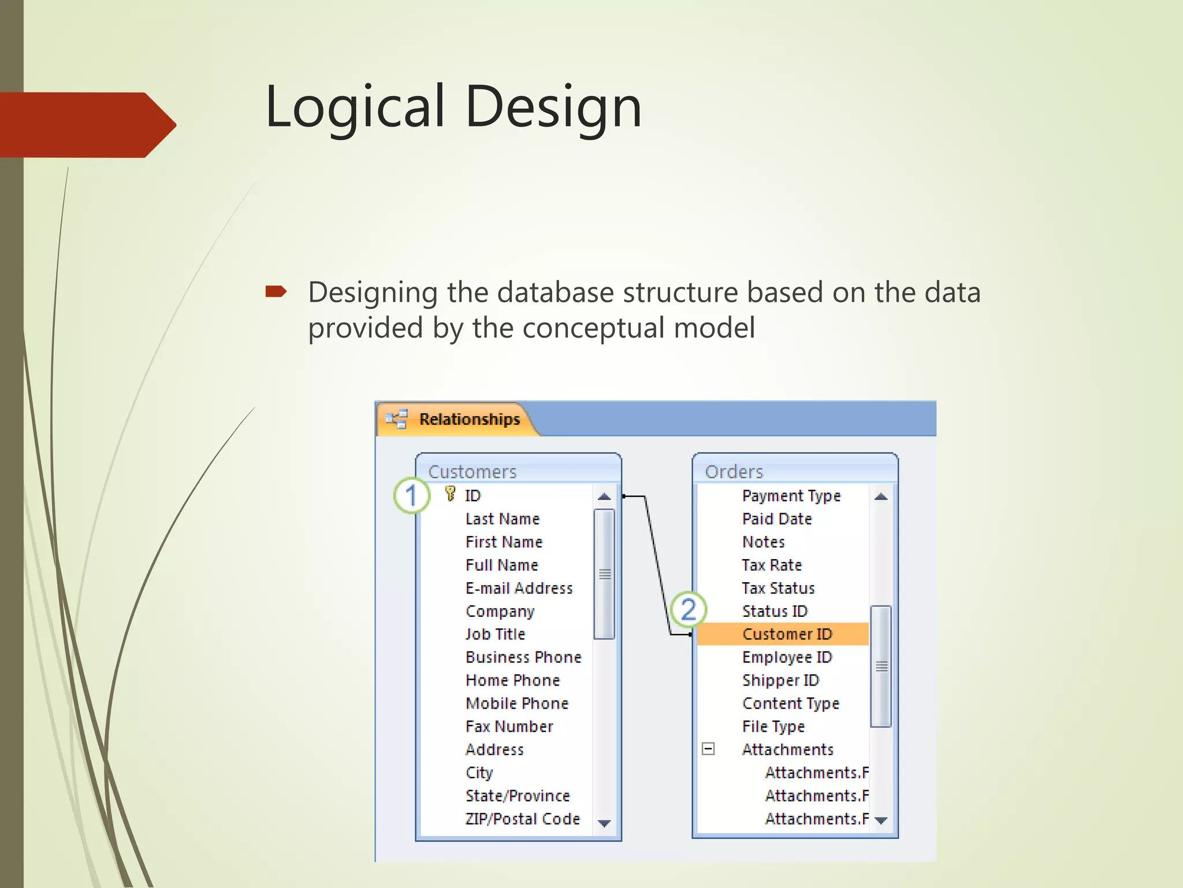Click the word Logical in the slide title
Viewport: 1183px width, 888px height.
355,107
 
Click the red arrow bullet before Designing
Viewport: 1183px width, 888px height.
276,291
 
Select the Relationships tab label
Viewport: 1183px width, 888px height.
469,419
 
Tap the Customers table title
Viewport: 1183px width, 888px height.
472,472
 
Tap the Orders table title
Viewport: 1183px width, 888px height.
734,472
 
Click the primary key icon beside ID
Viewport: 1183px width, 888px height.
450,494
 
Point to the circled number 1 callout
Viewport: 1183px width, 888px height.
411,495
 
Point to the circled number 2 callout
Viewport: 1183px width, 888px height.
688,609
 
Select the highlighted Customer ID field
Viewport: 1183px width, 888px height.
787,634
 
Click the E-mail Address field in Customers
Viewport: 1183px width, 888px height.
519,588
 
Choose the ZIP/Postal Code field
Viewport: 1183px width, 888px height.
522,819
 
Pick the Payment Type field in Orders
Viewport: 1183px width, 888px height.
791,495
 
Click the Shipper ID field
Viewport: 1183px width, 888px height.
780,680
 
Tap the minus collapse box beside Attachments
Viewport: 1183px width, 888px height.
708,749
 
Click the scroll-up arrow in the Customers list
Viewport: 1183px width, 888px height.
604,497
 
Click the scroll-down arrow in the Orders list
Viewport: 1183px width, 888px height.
881,820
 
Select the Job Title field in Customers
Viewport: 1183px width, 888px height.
495,634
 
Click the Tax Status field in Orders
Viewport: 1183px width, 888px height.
778,588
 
